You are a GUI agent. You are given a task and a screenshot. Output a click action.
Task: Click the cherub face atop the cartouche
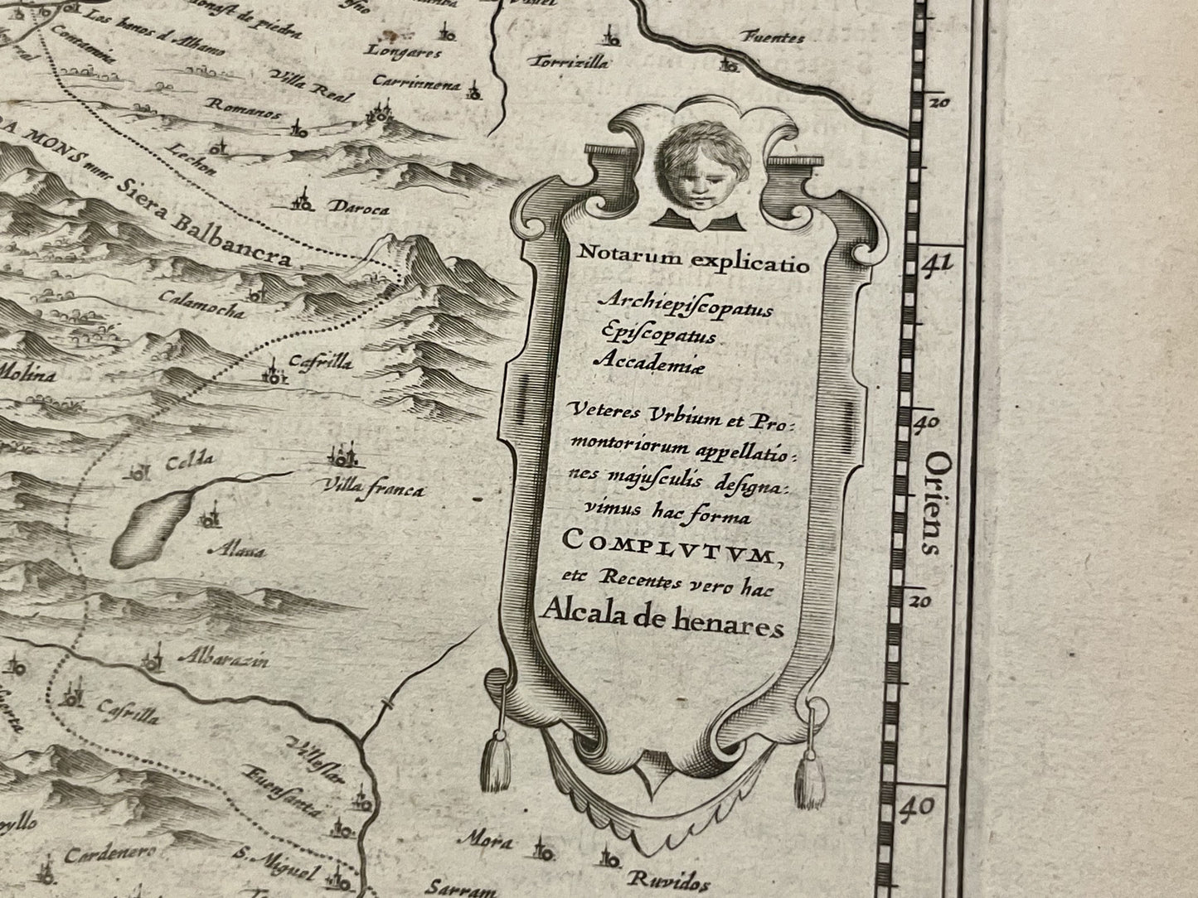(x=695, y=176)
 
